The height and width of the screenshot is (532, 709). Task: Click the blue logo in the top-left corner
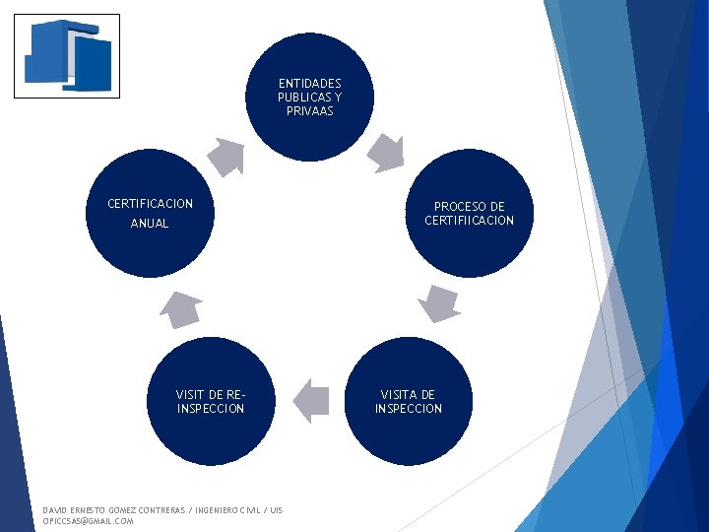click(x=67, y=56)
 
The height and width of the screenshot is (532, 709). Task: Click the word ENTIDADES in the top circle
click(x=310, y=84)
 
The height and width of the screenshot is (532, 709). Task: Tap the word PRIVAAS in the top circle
click(x=310, y=111)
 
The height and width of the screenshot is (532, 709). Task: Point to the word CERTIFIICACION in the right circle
click(x=470, y=221)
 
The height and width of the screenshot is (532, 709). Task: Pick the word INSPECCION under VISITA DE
click(x=409, y=409)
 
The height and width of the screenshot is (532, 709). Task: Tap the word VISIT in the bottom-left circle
click(x=191, y=395)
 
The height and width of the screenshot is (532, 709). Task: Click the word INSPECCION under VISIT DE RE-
click(x=211, y=409)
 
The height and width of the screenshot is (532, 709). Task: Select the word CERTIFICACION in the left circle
click(x=151, y=204)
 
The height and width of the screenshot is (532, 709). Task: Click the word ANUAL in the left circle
click(x=150, y=224)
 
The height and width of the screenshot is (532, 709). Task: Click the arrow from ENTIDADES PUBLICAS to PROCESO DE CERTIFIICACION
click(x=385, y=151)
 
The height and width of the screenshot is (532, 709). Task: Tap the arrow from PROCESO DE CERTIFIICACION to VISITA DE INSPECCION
click(x=438, y=303)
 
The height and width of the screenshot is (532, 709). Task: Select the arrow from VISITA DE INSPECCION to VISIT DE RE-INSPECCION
click(x=312, y=400)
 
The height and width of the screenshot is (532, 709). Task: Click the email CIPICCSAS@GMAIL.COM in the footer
click(x=89, y=521)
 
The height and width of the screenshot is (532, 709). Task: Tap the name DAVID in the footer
click(x=55, y=510)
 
